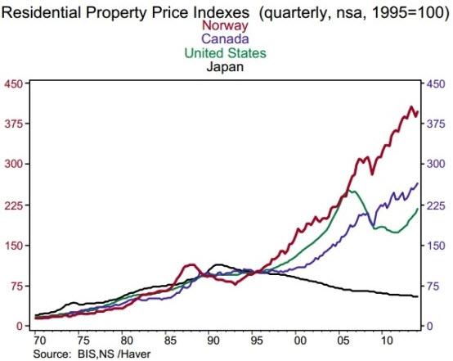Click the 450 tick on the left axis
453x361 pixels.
14,83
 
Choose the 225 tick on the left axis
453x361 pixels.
14,205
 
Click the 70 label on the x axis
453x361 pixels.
37,339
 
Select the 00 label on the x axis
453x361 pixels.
300,339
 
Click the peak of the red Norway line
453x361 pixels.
411,106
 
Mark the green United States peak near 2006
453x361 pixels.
351,190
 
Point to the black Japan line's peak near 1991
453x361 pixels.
218,264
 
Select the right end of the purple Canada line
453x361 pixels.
418,183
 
